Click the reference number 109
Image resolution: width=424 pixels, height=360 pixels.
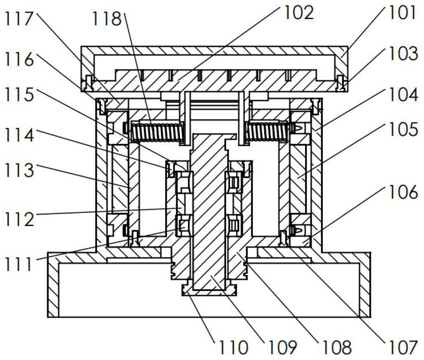pos(283,347)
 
